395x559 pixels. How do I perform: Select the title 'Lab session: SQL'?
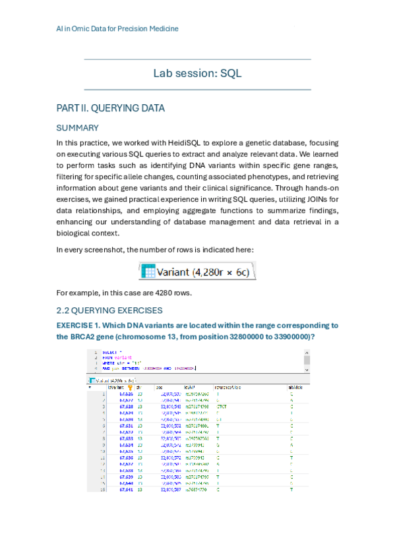[x=197, y=74]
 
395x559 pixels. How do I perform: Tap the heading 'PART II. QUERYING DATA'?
[x=110, y=107]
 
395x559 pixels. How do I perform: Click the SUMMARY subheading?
[x=77, y=127]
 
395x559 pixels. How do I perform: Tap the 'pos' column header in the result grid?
[x=159, y=388]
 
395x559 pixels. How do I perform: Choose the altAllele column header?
[x=297, y=388]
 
